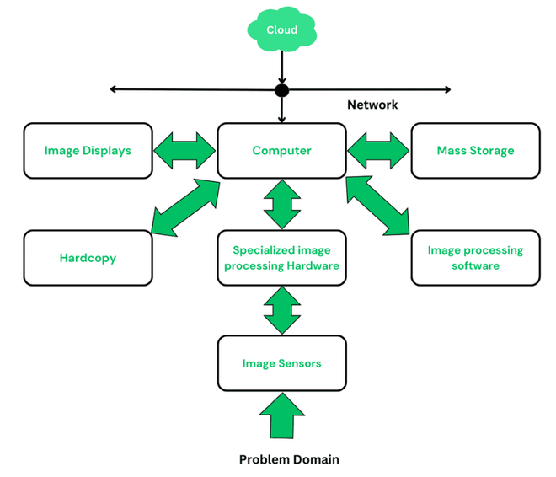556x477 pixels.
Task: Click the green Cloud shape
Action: [x=281, y=31]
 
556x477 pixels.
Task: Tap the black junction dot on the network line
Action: [x=281, y=90]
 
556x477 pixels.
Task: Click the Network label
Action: [x=372, y=105]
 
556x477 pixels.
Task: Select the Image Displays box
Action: [x=88, y=151]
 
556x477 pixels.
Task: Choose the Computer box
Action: [x=281, y=151]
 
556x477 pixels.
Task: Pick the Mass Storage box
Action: [x=475, y=151]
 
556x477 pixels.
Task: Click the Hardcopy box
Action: [x=88, y=258]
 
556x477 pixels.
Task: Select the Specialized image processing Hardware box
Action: [x=281, y=258]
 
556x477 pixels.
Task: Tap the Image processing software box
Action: [x=475, y=258]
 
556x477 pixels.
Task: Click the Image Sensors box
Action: [x=281, y=363]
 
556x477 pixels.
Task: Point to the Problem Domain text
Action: [x=289, y=459]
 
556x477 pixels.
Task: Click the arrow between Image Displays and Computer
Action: [x=185, y=152]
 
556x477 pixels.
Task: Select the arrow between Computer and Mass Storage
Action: [x=378, y=152]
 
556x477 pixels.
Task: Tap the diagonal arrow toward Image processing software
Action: [x=378, y=205]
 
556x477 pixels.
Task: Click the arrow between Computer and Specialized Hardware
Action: [x=281, y=204]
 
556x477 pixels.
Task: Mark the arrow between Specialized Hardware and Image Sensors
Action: [x=281, y=310]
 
